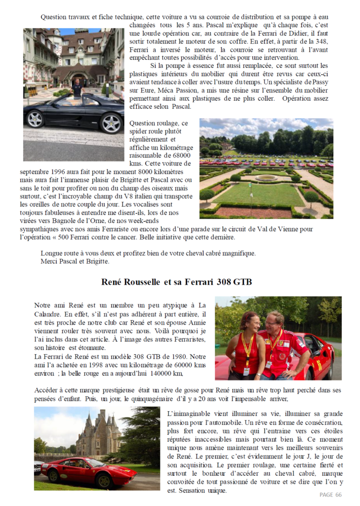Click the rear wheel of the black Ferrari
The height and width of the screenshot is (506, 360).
tap(35, 119)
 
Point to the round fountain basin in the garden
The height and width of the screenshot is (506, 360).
tap(267, 177)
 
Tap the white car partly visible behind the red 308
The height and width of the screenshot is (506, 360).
tap(39, 465)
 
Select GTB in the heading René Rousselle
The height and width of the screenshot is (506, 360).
tap(240, 282)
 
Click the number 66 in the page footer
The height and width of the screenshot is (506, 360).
tap(338, 495)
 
